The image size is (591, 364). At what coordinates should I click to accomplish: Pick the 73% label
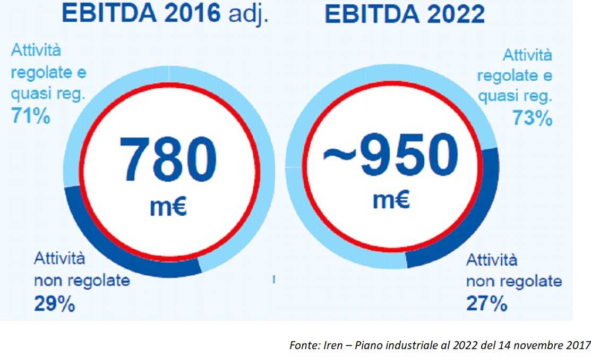(x=532, y=118)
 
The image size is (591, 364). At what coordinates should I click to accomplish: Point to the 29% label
(x=54, y=303)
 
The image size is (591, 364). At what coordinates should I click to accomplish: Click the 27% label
(x=486, y=303)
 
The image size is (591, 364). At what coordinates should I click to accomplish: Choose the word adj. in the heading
(x=247, y=14)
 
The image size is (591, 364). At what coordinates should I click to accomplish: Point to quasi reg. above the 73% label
(x=515, y=97)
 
